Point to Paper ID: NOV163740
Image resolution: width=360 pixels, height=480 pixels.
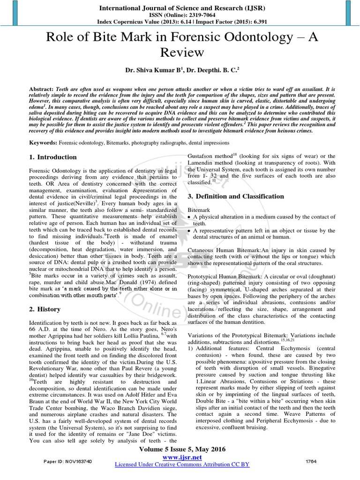[x=68, y=462]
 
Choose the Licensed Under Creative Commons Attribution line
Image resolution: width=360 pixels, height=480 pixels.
[x=182, y=465]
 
